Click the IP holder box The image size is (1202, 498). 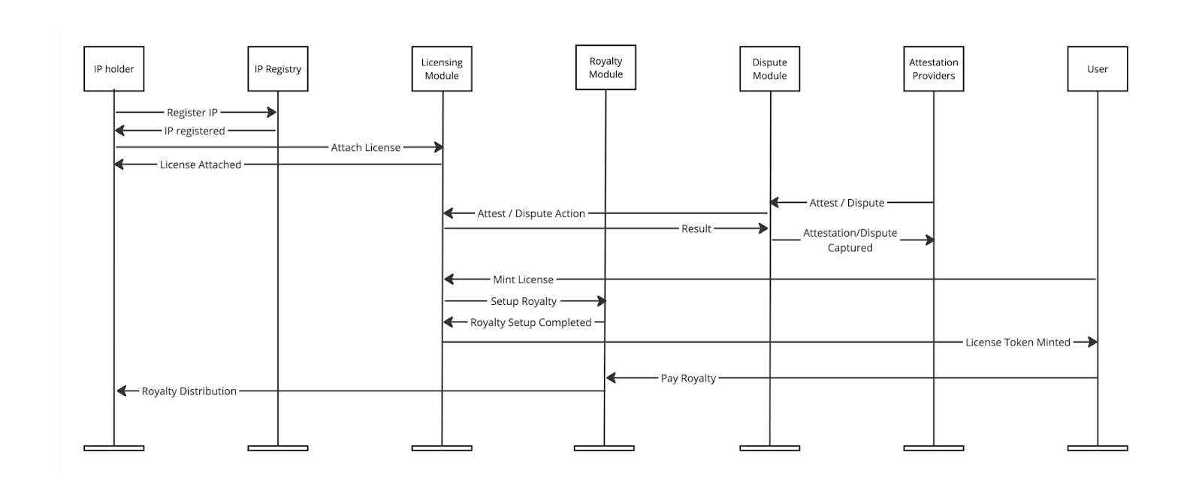[x=113, y=68]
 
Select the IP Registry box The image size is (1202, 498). [x=278, y=68]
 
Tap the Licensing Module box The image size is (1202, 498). [x=442, y=68]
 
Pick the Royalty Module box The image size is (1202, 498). [x=606, y=68]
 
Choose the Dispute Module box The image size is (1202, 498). [x=769, y=68]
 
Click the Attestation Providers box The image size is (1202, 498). [x=934, y=68]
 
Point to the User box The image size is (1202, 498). [x=1098, y=68]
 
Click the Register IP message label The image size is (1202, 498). [x=192, y=113]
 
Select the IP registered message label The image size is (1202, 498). [x=195, y=131]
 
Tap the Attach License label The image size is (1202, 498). [x=365, y=147]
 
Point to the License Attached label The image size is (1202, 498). [x=201, y=164]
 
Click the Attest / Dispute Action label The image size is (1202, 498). [x=531, y=213]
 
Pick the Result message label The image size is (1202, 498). [x=696, y=228]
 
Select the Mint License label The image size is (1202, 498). [x=523, y=279]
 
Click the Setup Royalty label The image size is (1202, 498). [x=524, y=302]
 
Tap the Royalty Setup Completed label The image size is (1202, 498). [x=530, y=322]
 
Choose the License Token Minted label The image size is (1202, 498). [x=1018, y=343]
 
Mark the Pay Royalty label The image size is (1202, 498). [x=688, y=379]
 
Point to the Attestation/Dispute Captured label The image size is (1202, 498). [x=850, y=240]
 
